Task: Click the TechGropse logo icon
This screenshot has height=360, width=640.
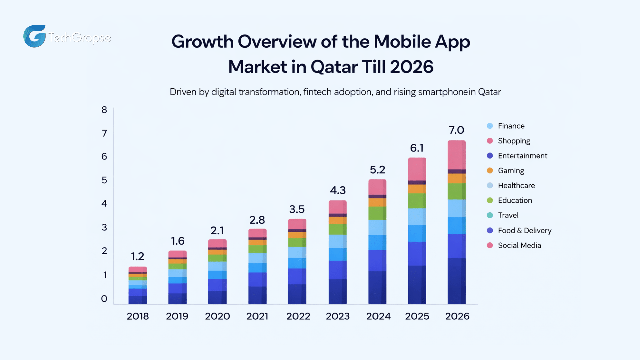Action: point(35,36)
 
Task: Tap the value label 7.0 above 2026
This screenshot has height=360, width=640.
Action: point(456,130)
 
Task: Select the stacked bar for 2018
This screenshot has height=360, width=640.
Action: point(138,285)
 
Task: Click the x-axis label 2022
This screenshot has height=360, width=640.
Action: point(298,316)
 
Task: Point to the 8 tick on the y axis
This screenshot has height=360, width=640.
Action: point(104,110)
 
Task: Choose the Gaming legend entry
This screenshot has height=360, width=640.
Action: point(511,171)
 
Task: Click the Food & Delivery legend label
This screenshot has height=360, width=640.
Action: point(524,230)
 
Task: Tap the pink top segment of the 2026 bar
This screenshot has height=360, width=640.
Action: point(456,155)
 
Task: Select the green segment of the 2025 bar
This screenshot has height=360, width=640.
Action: point(417,201)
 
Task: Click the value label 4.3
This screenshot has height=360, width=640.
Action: point(338,190)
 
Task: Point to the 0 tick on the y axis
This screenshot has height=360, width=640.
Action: point(104,299)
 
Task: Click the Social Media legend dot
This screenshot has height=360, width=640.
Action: point(490,245)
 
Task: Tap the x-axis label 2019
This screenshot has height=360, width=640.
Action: point(177,316)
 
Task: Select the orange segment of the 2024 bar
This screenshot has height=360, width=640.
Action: point(377,202)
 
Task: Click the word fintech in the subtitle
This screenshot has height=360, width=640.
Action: point(317,92)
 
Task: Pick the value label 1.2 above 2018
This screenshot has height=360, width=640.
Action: point(137,256)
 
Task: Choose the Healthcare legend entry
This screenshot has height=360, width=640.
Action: point(516,186)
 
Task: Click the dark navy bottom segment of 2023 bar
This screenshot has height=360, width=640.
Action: point(338,291)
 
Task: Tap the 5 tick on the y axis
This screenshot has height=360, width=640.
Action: point(104,180)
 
